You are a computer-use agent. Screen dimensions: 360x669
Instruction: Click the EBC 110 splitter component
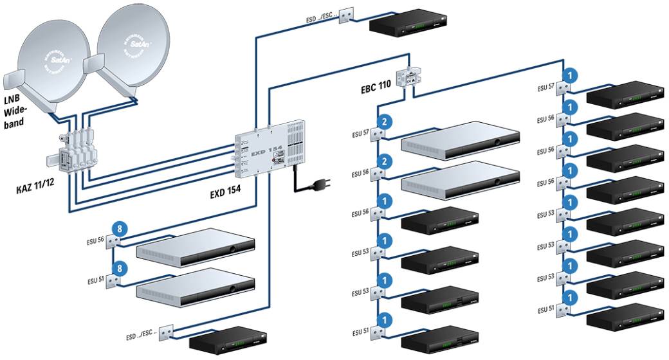[406, 79]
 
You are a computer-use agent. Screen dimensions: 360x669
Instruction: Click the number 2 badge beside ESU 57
[384, 122]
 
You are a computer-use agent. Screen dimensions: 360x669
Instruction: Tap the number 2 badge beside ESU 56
[384, 161]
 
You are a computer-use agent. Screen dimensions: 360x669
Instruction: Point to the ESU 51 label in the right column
[545, 309]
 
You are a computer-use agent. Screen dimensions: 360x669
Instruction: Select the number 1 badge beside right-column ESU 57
[569, 74]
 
